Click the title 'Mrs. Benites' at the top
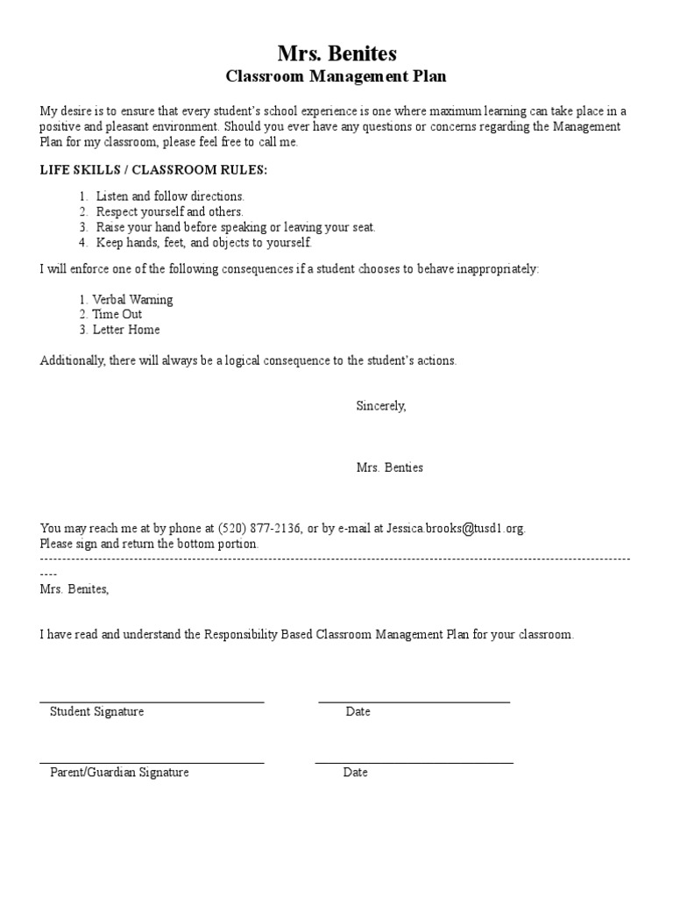point(336,54)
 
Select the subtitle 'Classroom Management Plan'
point(336,77)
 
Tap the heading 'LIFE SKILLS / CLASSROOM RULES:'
point(153,170)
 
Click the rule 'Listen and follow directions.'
point(170,196)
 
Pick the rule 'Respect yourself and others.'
point(169,211)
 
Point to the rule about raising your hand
point(235,227)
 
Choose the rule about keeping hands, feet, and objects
point(203,243)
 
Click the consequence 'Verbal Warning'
point(132,299)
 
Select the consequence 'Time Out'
point(117,314)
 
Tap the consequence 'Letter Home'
point(126,330)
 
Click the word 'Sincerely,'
point(381,406)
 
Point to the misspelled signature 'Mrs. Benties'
point(389,467)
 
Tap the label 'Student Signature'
point(96,711)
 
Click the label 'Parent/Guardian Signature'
point(119,773)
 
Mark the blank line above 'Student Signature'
point(152,701)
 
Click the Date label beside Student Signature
point(358,711)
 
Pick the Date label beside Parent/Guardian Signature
point(355,773)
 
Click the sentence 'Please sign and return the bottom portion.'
point(150,544)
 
